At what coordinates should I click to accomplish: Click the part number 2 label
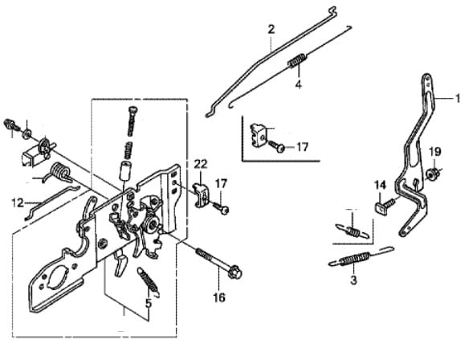click(x=271, y=30)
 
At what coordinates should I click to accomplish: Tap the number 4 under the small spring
click(x=298, y=85)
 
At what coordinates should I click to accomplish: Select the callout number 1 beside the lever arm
click(x=458, y=98)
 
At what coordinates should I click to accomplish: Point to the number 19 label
click(x=434, y=152)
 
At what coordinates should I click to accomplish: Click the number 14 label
click(x=380, y=185)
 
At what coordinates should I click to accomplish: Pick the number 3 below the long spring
click(x=353, y=280)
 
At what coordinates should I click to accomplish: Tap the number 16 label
click(x=219, y=297)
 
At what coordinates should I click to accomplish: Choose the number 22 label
click(x=201, y=164)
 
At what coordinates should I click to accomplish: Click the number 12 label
click(x=18, y=202)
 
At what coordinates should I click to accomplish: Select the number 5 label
click(x=149, y=304)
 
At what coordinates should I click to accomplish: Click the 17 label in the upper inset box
click(x=302, y=147)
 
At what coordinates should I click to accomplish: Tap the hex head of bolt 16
click(x=235, y=272)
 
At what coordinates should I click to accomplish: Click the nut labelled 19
click(x=430, y=174)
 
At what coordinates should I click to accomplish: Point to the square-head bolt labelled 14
click(x=385, y=205)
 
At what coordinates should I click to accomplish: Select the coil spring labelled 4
click(x=297, y=59)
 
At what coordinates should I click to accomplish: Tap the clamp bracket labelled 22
click(x=202, y=195)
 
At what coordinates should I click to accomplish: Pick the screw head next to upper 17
click(x=281, y=148)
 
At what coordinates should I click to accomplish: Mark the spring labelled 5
click(x=149, y=281)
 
